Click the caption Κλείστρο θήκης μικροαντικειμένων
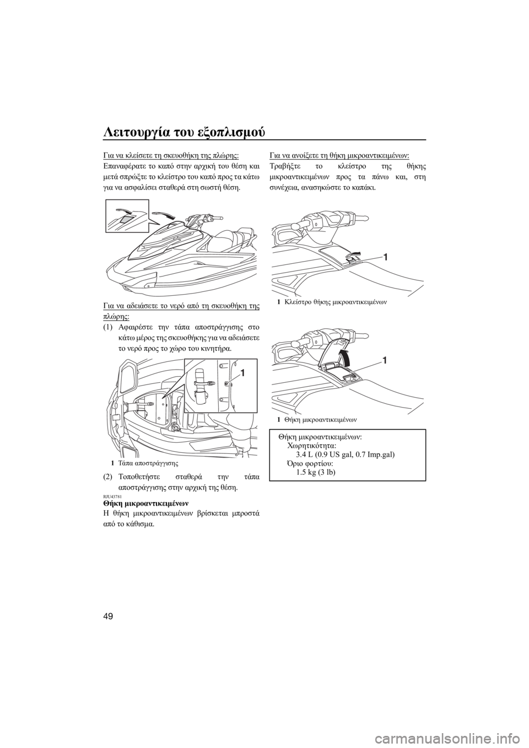(x=332, y=302)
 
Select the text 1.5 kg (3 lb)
(x=316, y=473)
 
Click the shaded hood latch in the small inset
(x=126, y=219)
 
